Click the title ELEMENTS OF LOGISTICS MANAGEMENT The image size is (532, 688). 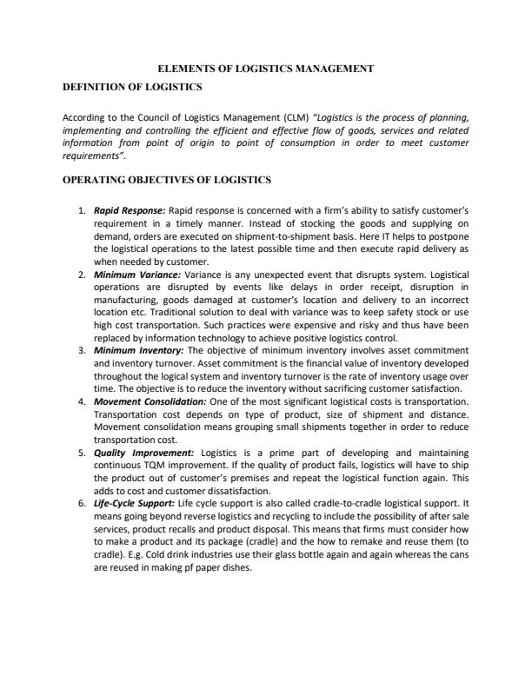point(265,68)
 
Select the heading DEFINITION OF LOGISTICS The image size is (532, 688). point(133,88)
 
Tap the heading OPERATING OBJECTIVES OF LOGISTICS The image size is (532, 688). point(168,180)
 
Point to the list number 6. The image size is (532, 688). point(83,504)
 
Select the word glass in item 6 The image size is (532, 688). point(276,556)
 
